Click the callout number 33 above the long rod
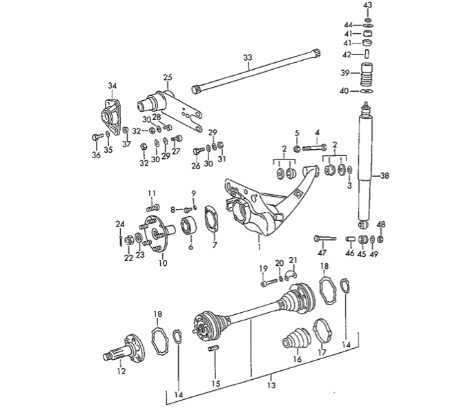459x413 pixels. (247, 57)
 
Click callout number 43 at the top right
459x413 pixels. (367, 6)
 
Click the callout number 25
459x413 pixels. (166, 77)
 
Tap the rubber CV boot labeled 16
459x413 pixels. (296, 343)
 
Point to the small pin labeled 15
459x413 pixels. (214, 349)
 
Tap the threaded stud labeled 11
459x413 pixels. (153, 204)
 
